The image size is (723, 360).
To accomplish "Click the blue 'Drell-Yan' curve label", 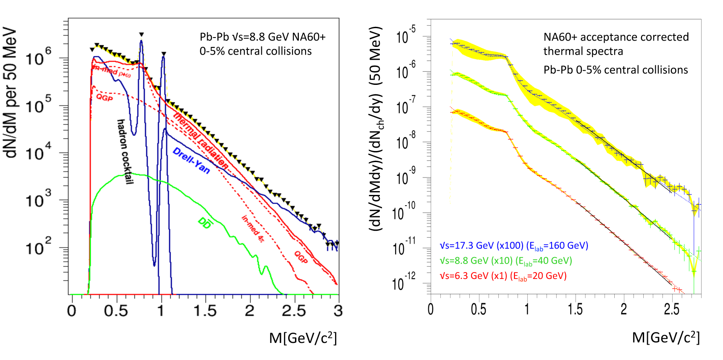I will (x=191, y=161).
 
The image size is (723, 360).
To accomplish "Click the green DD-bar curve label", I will (x=205, y=223).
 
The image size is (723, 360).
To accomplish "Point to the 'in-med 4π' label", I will (x=253, y=229).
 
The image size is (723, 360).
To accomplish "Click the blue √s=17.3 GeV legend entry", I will (x=514, y=246).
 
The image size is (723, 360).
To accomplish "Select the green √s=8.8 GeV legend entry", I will (x=506, y=261).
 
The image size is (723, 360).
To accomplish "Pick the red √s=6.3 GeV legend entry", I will (x=503, y=276).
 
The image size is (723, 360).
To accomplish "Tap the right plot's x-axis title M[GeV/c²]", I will (x=666, y=337).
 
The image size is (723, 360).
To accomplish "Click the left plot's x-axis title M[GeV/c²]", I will (x=303, y=338).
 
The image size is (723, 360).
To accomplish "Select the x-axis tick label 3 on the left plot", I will (x=338, y=311).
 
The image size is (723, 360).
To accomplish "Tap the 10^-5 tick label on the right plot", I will (x=405, y=36).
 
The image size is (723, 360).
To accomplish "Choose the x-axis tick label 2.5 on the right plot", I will (x=671, y=309).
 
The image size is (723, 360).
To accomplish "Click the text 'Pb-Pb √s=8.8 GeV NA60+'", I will (x=263, y=37).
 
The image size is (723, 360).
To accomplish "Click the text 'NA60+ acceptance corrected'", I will (x=616, y=37).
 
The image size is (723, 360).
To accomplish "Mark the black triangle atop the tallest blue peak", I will (x=141, y=35).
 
